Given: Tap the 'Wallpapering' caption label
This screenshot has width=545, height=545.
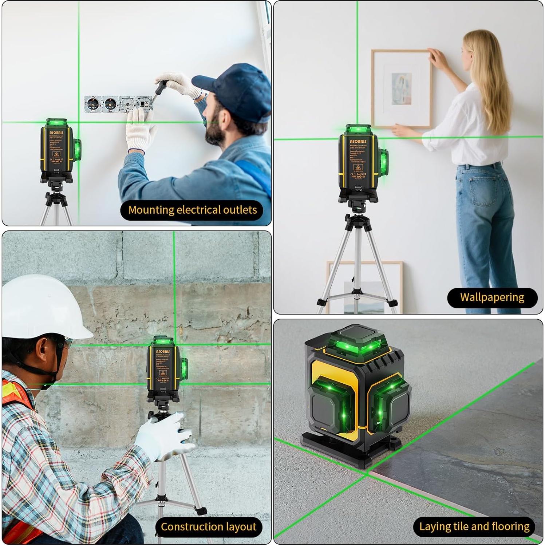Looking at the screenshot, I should click(x=492, y=297).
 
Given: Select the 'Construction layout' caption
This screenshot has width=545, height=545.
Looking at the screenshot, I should click(x=208, y=527).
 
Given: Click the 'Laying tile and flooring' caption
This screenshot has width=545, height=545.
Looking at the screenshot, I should click(x=474, y=526).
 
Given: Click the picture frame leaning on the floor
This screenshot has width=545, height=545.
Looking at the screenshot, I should click(x=364, y=288).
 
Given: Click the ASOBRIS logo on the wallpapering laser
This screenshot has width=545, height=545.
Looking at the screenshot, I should click(x=358, y=141).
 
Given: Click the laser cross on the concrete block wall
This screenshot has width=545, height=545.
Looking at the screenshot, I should click(x=174, y=344).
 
